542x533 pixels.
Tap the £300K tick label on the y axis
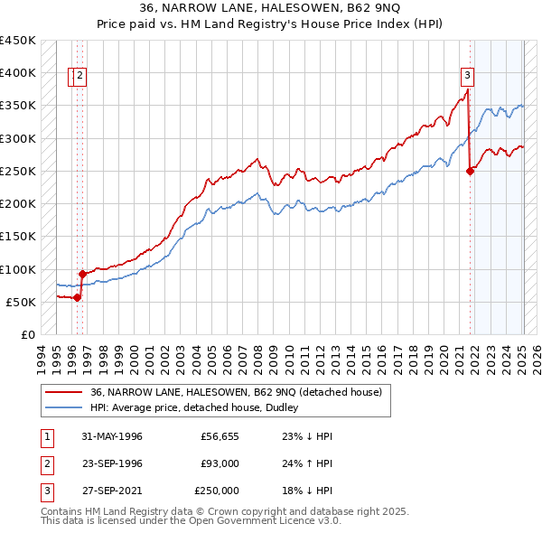pos(18,138)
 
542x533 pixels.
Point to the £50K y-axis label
pos(21,302)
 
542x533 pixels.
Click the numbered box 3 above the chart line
pos(468,75)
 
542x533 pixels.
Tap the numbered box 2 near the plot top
pos(81,76)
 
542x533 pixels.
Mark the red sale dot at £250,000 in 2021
pos(470,171)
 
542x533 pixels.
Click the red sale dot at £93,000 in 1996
pos(81,274)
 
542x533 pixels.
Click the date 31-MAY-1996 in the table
pos(112,436)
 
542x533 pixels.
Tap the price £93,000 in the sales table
pos(217,463)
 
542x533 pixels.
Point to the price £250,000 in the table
pos(217,491)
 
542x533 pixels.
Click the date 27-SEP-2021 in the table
pos(112,491)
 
